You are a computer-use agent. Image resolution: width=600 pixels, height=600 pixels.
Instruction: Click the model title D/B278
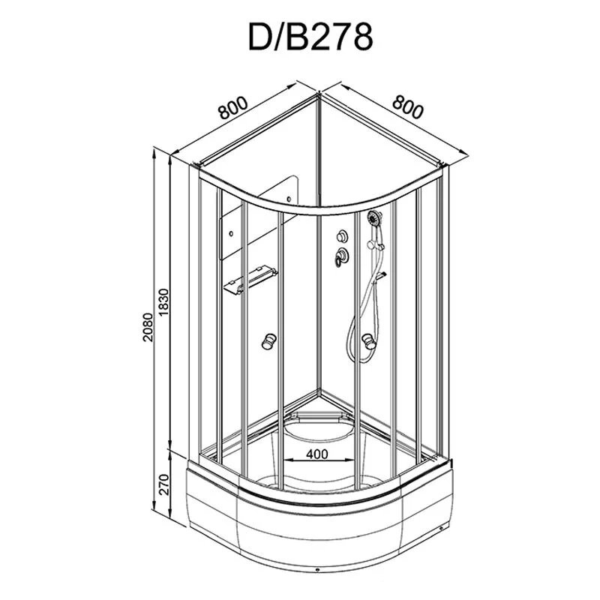pos(310,37)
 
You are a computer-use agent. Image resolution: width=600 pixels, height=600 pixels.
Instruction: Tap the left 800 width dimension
pos(233,107)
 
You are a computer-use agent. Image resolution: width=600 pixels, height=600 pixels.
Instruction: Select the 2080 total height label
pos(147,327)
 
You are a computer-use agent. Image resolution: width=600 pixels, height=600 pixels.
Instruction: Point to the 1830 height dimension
pos(163,302)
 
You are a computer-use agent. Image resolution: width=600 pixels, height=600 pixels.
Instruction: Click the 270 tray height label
pos(163,484)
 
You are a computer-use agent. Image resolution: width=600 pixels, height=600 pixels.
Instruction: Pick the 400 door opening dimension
pos(316,454)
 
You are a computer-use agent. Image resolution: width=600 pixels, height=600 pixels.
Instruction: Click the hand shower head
pos(373,218)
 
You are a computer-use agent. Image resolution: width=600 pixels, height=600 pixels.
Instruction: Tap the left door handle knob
pos(269,341)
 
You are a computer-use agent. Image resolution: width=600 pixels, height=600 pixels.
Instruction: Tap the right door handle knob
pos(369,341)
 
